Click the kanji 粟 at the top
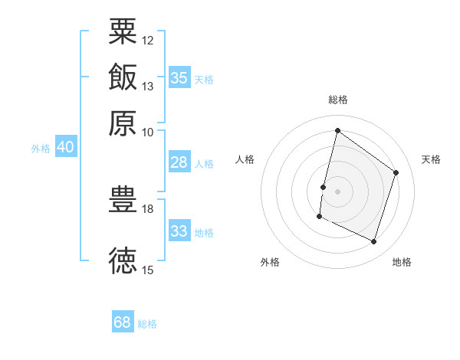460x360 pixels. (x=123, y=31)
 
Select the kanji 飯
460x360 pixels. (x=123, y=77)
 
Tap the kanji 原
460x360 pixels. (x=123, y=123)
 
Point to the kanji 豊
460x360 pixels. (x=123, y=199)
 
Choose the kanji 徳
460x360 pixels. (x=123, y=260)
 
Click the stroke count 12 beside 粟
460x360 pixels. (x=147, y=41)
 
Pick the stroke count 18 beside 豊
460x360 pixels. (x=147, y=209)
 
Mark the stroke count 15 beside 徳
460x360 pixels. (x=147, y=270)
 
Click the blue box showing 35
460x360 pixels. (x=179, y=77)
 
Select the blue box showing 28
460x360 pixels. (x=179, y=162)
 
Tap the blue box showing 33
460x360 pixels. (x=179, y=230)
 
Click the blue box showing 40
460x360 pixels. (x=66, y=146)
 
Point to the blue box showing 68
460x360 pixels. (x=123, y=321)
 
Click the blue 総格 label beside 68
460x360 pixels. (x=147, y=324)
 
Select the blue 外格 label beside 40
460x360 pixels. (x=41, y=149)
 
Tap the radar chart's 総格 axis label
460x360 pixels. (x=338, y=100)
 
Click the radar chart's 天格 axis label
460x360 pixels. (x=431, y=159)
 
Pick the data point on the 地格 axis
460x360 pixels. (x=373, y=241)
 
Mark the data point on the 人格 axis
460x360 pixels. (x=323, y=187)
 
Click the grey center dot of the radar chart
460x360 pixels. (x=337, y=191)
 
